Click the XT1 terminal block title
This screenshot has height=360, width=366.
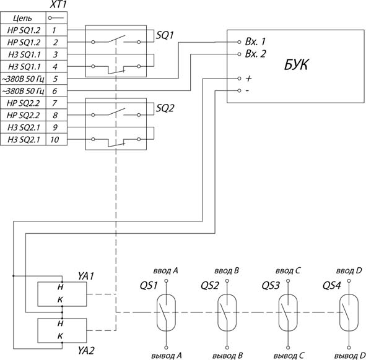click(58, 5)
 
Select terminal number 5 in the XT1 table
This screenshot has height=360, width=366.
click(55, 79)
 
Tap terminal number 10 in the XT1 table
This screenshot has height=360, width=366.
click(54, 140)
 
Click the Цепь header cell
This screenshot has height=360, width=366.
click(22, 18)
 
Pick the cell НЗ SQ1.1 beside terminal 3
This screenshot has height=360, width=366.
click(24, 54)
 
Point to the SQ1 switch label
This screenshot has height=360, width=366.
click(165, 35)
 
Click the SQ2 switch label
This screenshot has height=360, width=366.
click(165, 108)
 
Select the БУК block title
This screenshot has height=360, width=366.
click(296, 64)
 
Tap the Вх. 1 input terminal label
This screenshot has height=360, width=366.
click(255, 41)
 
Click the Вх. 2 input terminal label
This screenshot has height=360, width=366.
click(255, 54)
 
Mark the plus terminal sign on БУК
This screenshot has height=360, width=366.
click(248, 79)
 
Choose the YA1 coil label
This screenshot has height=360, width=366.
click(86, 276)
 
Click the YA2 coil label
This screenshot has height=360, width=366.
click(86, 351)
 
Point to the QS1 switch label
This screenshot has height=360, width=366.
click(149, 286)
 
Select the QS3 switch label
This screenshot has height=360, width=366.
click(271, 286)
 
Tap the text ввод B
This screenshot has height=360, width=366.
click(227, 271)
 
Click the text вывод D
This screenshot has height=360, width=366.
click(350, 356)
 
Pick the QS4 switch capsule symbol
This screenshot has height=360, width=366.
click(349, 312)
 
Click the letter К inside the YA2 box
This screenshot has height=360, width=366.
click(60, 336)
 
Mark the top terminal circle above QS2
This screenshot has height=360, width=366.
click(227, 281)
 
